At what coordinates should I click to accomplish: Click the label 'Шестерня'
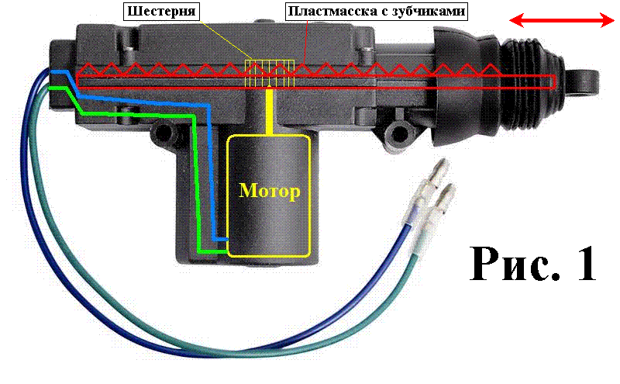click(160, 12)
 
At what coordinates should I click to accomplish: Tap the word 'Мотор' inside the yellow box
click(268, 192)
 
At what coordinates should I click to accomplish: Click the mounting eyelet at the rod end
click(584, 80)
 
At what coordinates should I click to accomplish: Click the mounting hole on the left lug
click(163, 133)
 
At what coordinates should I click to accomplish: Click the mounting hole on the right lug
click(399, 129)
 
